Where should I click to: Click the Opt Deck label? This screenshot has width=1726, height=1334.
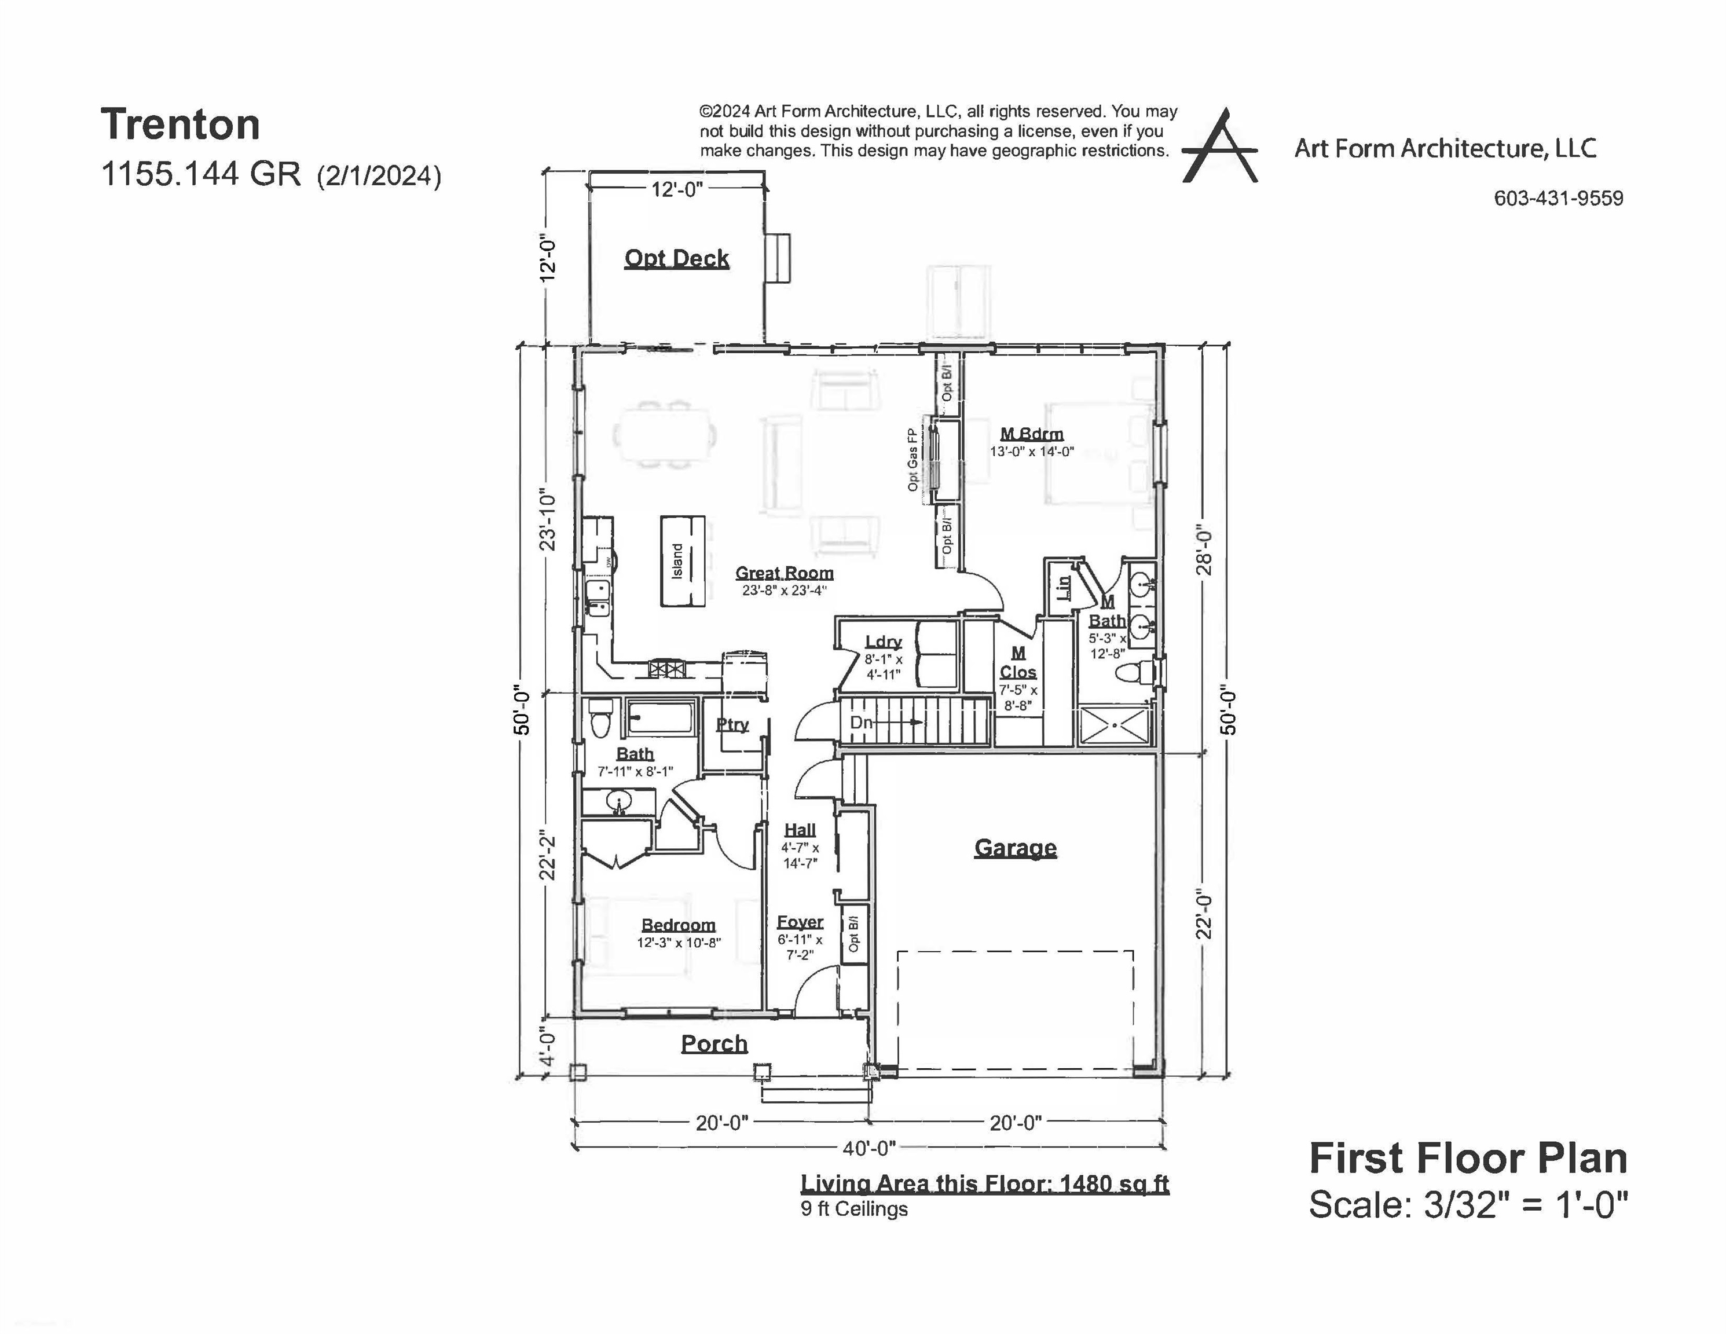[x=676, y=258]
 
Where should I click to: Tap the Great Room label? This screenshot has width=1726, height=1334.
[x=784, y=573]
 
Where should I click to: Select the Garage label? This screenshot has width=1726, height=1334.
[x=1015, y=848]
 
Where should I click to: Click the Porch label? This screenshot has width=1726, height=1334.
[x=714, y=1043]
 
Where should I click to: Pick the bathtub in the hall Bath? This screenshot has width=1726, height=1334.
[x=659, y=719]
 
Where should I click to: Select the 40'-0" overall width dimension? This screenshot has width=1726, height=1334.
[x=869, y=1147]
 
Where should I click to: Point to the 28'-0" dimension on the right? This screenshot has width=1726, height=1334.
[x=1204, y=551]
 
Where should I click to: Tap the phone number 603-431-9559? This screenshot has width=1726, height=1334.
[x=1558, y=199]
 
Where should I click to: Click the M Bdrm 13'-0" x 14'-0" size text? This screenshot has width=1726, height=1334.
[x=1031, y=452]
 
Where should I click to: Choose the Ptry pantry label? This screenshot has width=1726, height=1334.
[x=732, y=725]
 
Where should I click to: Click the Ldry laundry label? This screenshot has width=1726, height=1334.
[x=883, y=642]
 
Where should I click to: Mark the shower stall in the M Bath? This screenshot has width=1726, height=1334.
[x=1115, y=725]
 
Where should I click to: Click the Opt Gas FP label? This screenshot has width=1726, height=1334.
[x=912, y=460]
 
